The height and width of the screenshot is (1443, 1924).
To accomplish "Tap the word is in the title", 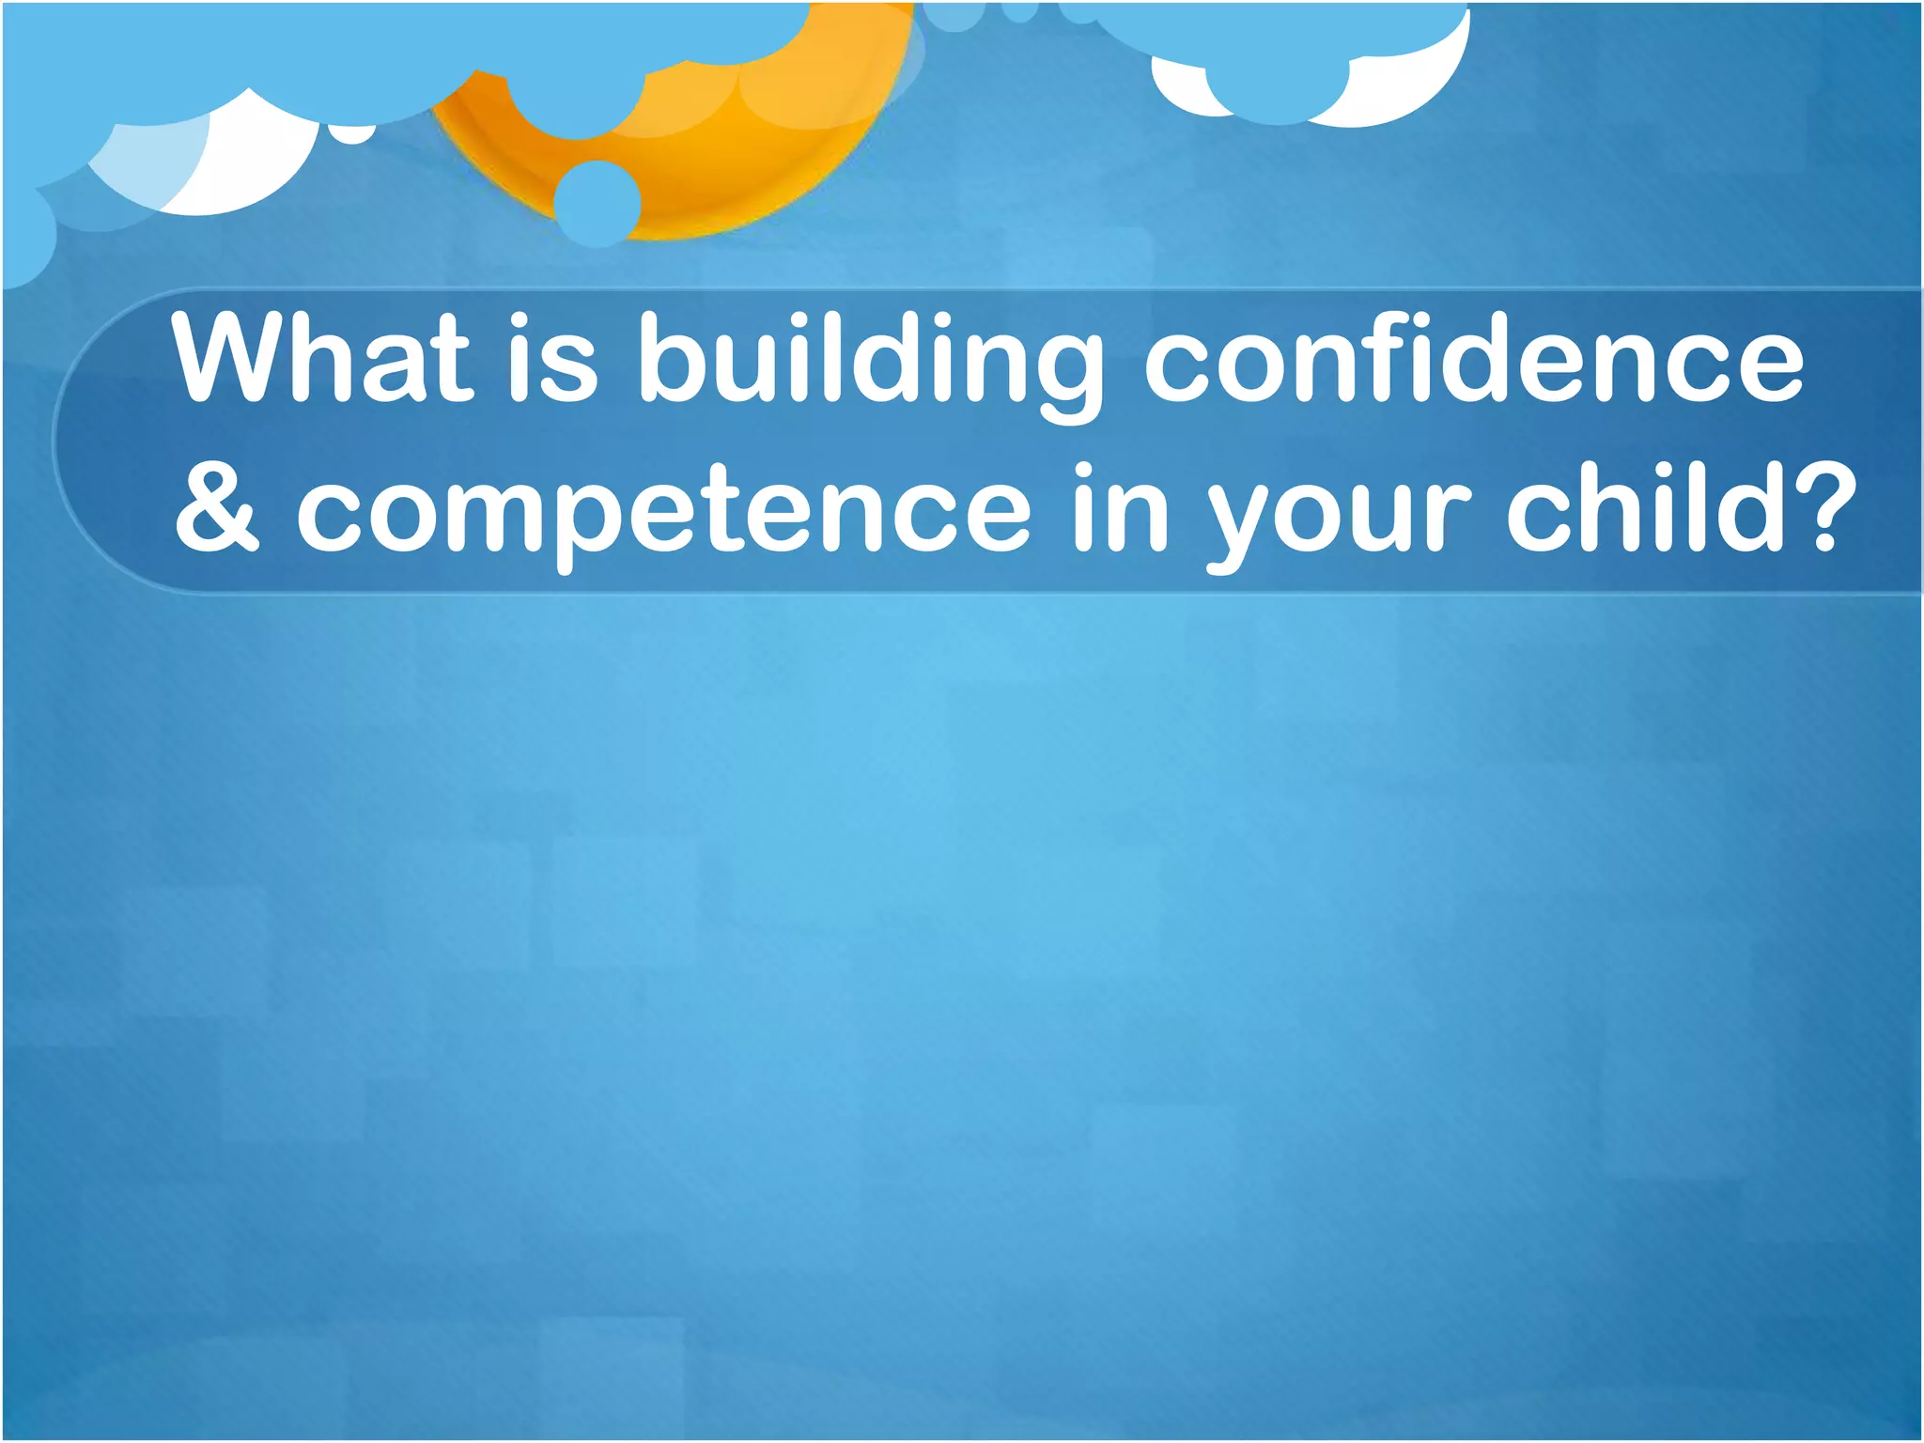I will tap(553, 360).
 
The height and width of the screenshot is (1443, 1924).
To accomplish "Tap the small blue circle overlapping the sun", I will tap(597, 203).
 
